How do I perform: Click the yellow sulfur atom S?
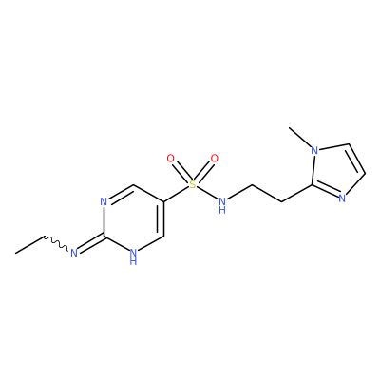pos(193,184)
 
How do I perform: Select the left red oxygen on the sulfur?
pos(171,159)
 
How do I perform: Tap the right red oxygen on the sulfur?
pos(215,159)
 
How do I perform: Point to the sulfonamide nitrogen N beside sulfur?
pos(222,201)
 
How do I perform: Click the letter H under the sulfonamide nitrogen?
pos(222,210)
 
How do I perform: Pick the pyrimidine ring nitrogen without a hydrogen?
pos(104,201)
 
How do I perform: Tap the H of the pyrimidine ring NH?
pos(134,261)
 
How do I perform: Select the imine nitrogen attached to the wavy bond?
pos(74,253)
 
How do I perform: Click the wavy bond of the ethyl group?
pos(56,243)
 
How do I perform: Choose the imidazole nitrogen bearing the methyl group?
pos(314,150)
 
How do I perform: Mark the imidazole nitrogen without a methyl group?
pos(342,199)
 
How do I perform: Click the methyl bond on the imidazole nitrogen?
pos(300,137)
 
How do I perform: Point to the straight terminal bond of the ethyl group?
pos(29,244)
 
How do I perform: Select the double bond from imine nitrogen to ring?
pos(91,243)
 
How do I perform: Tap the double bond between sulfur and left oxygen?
pos(181,172)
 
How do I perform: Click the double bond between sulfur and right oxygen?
pos(203,171)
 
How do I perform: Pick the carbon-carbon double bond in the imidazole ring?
pos(356,160)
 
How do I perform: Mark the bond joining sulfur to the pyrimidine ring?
pos(177,194)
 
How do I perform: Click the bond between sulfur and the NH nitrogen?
pos(207,193)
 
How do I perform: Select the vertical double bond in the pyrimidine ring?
pos(161,218)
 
